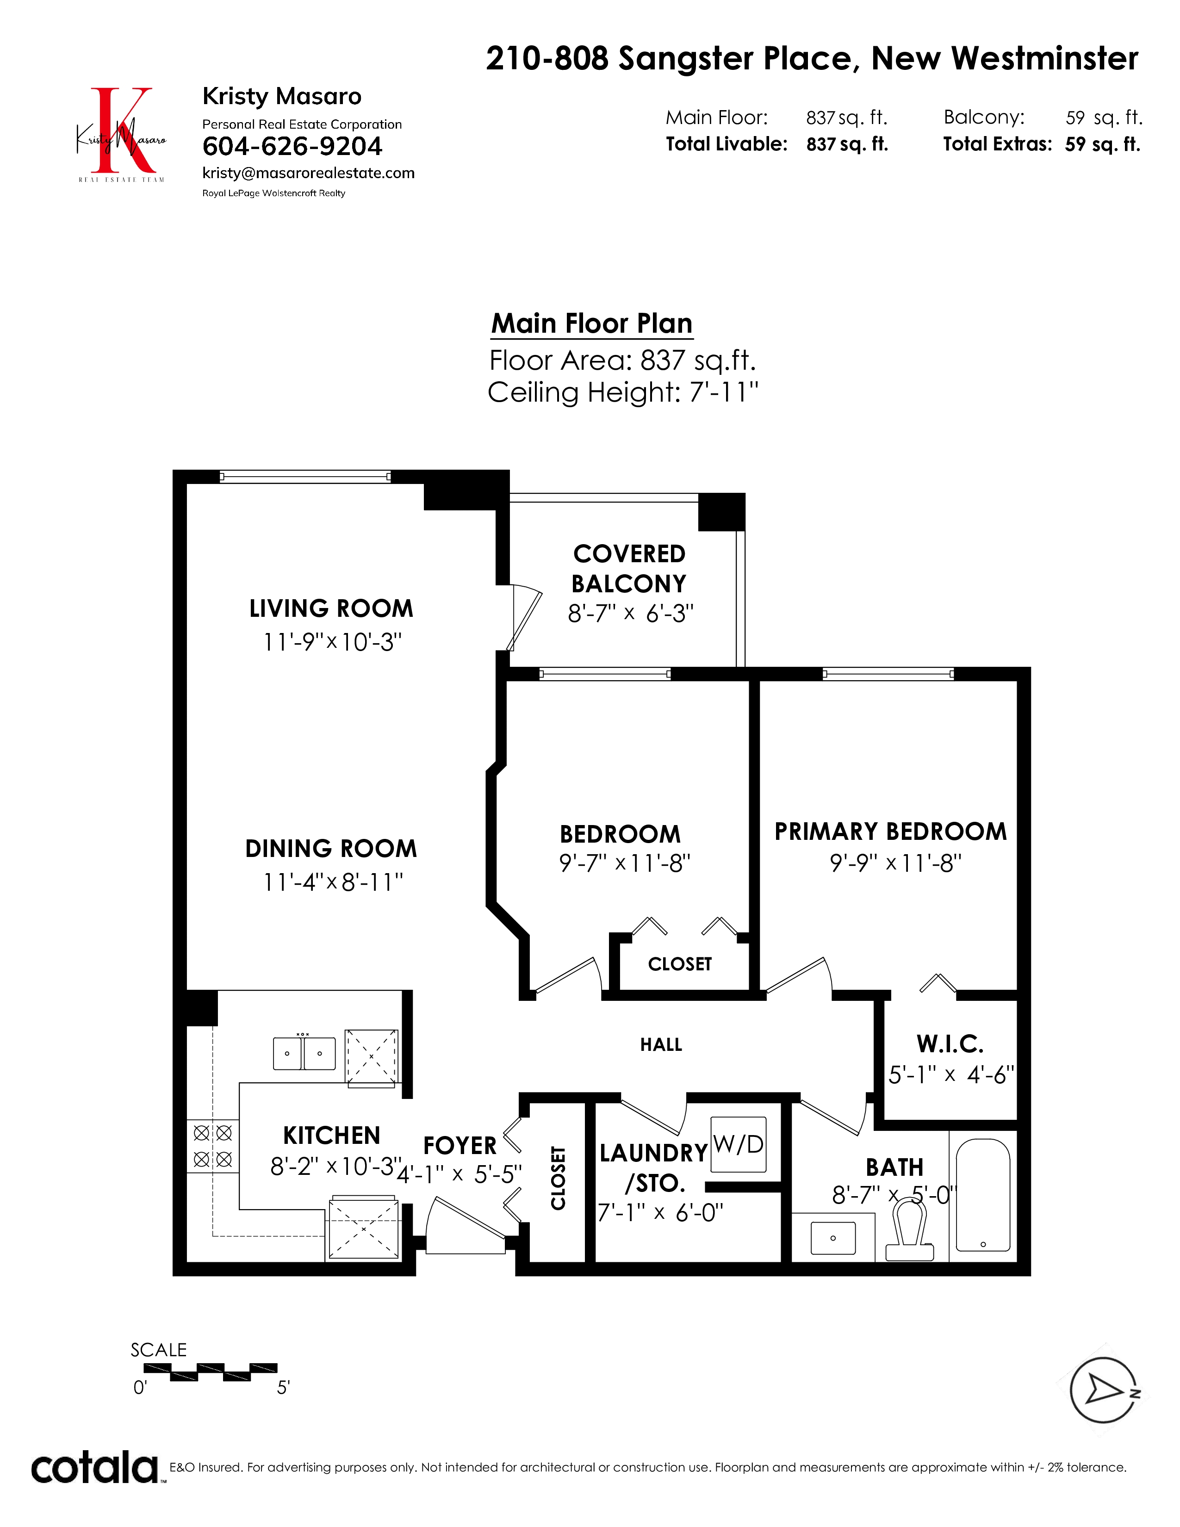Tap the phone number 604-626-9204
(x=292, y=146)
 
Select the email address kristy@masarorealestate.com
(x=308, y=174)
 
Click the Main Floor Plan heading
(x=591, y=324)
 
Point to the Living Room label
(x=331, y=608)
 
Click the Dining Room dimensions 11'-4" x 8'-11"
(x=333, y=882)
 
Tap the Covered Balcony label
(x=629, y=568)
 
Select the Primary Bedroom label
(x=891, y=832)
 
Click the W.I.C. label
(x=950, y=1044)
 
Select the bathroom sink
(x=832, y=1237)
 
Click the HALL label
(x=661, y=1044)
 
